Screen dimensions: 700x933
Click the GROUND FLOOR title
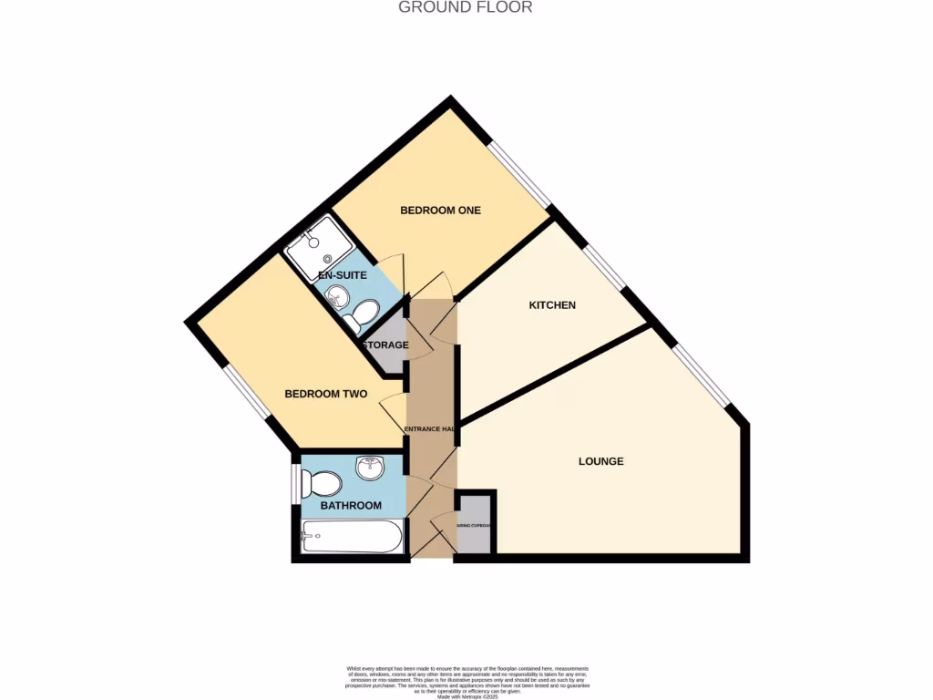pyautogui.click(x=466, y=7)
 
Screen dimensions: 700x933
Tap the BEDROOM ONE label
pyautogui.click(x=440, y=211)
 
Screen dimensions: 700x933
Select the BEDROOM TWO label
pyautogui.click(x=326, y=395)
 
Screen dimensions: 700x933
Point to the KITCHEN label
pyautogui.click(x=552, y=305)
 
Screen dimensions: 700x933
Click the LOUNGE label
pyautogui.click(x=601, y=461)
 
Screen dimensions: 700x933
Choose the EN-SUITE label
pyautogui.click(x=342, y=274)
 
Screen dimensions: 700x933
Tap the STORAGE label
pyautogui.click(x=385, y=345)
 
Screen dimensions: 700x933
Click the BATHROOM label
pyautogui.click(x=351, y=506)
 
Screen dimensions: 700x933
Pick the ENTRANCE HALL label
pyautogui.click(x=430, y=429)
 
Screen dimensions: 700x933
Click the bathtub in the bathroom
pyautogui.click(x=351, y=537)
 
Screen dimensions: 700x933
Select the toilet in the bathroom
pyautogui.click(x=321, y=483)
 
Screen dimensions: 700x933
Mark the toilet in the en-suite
pyautogui.click(x=362, y=315)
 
